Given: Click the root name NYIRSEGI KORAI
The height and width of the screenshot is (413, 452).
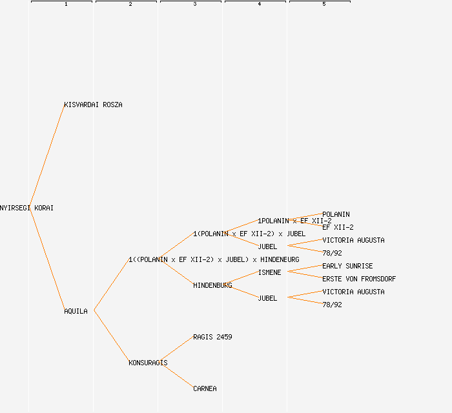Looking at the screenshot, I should point(26,208).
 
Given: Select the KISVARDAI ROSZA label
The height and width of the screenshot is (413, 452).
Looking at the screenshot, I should point(93,105).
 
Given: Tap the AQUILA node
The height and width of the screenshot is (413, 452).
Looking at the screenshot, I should point(76,311).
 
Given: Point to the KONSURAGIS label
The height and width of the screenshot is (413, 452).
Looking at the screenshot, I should point(148,363).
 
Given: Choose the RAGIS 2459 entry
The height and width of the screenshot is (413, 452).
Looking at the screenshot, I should point(212,337).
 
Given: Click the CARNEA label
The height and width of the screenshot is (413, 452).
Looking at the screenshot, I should point(205,388).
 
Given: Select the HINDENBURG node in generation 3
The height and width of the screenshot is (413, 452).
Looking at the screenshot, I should point(212,285).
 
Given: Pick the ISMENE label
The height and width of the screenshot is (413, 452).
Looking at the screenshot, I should point(269,272).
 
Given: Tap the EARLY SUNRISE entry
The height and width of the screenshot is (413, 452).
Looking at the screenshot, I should point(347,266).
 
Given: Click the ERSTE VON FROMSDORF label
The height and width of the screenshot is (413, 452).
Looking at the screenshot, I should point(359,279).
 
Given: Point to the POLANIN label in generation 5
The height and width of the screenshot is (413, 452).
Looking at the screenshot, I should point(336,214).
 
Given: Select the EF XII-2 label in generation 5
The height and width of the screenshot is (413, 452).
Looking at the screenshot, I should point(338,227).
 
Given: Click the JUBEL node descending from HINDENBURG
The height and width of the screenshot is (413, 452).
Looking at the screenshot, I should point(267,298).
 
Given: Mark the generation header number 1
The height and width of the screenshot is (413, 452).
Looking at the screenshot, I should point(66,5).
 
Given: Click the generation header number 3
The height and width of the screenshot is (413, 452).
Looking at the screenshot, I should point(195,5).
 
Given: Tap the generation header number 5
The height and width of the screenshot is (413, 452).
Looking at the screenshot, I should point(324,5).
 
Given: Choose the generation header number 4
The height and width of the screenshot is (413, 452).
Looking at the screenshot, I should point(260,5).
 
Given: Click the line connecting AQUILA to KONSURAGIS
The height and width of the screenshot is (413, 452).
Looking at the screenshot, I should point(111,337).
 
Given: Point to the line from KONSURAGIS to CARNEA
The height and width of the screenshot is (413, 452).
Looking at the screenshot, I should point(176,376).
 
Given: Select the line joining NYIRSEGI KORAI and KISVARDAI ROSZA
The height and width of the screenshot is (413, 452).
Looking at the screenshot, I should point(46,156).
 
